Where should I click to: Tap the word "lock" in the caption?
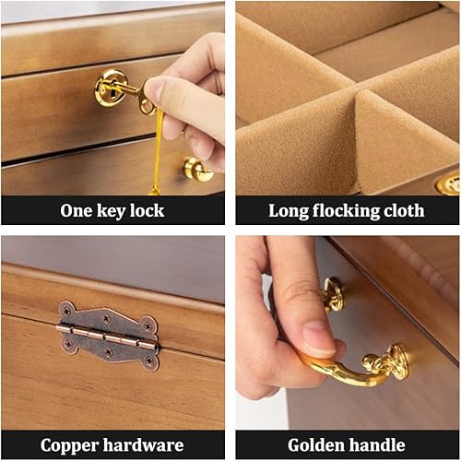click(147, 210)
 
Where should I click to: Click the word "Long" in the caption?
click(289, 210)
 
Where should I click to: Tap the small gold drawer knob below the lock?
click(196, 169)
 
